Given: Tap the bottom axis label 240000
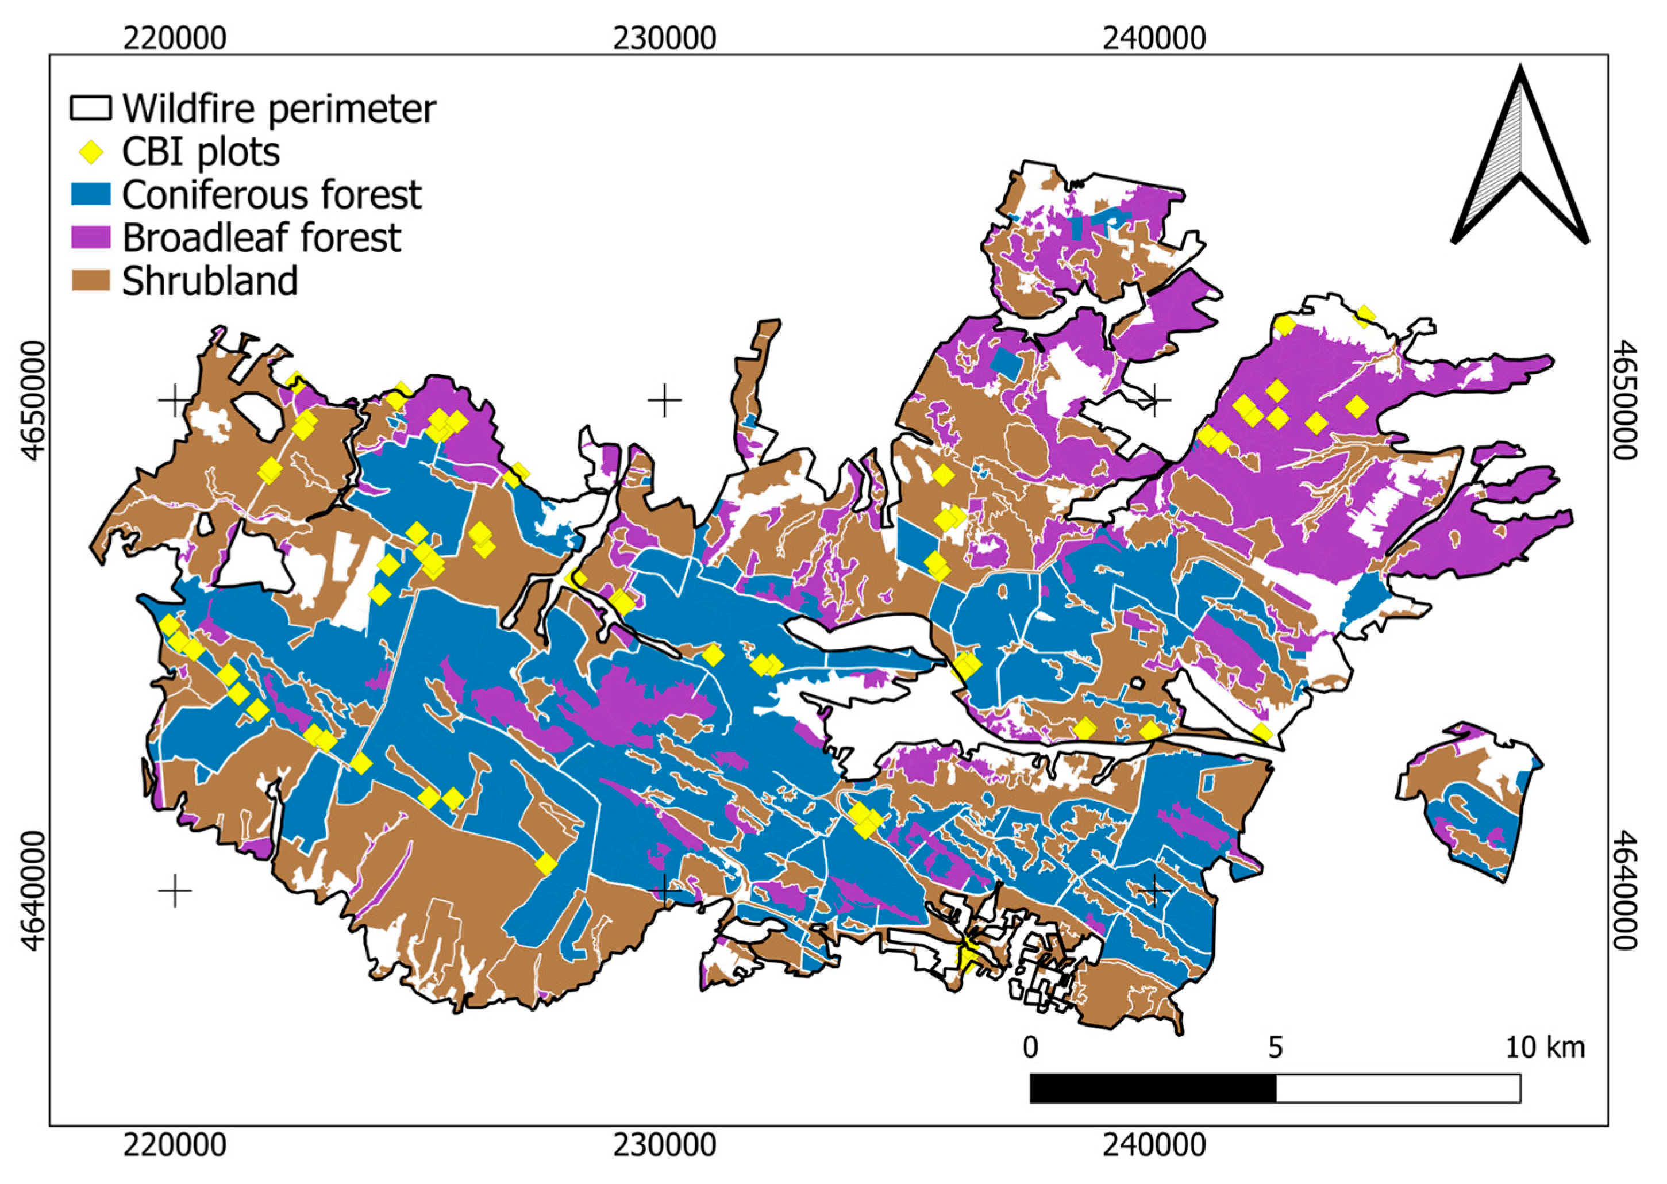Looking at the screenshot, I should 1154,1146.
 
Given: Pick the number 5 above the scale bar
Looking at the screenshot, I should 1275,1048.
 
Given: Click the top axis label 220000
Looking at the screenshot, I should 174,38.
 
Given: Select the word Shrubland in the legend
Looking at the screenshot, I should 210,282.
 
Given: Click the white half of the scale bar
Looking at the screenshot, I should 1397,1089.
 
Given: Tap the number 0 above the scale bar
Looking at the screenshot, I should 1029,1048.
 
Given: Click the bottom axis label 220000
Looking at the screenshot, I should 174,1146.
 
